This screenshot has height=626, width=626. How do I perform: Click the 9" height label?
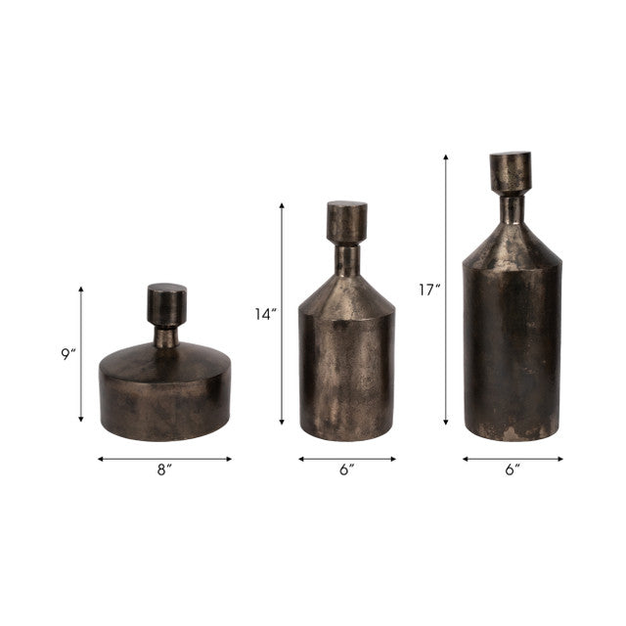coord(67,355)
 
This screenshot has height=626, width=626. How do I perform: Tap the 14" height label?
coord(265,315)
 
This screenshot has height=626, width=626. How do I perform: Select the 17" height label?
coord(428,291)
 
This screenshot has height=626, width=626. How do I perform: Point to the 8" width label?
coord(164,470)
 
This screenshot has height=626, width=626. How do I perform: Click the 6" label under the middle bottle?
coord(346,470)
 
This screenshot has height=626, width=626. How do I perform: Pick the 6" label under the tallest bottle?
coord(512,470)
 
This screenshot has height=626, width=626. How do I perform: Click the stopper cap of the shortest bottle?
coord(166,304)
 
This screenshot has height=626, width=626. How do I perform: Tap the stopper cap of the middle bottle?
coord(346,222)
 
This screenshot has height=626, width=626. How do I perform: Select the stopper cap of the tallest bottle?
coord(511,172)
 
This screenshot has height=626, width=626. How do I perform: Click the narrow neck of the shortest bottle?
coord(166,337)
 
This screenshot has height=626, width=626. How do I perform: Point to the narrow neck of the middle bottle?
coord(347,258)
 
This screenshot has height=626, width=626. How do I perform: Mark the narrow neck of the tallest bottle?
coord(512,208)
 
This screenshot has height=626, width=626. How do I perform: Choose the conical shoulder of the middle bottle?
coord(347,293)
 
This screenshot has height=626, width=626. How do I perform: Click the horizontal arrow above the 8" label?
coord(164,458)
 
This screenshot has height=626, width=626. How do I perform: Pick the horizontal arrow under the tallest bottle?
coord(512,458)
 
